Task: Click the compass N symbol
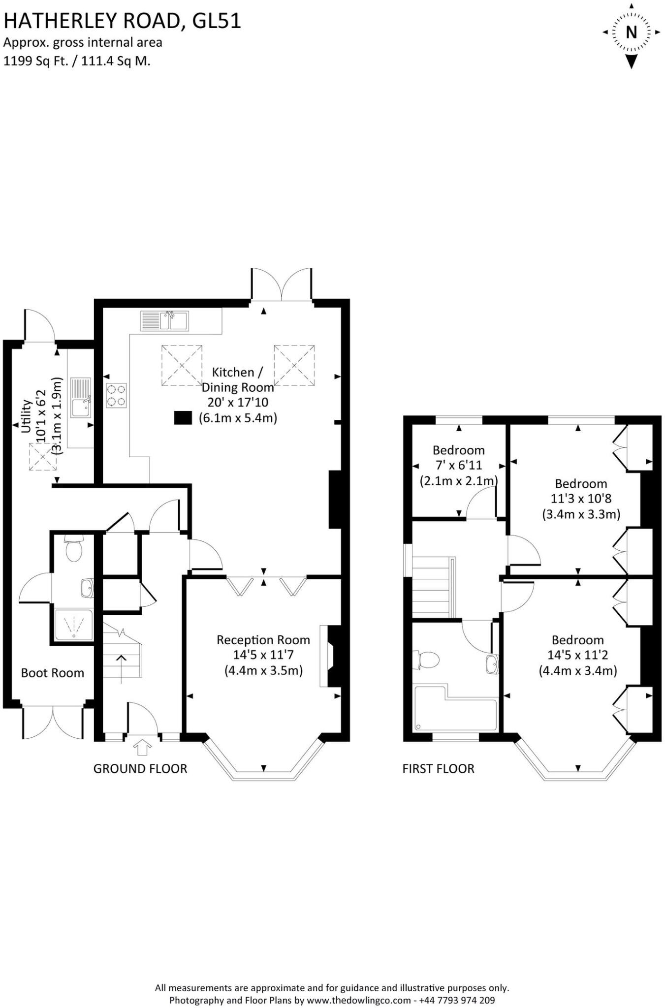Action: pyautogui.click(x=631, y=33)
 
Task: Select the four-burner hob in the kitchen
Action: pyautogui.click(x=116, y=395)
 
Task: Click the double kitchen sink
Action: pyautogui.click(x=164, y=321)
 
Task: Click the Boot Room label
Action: pyautogui.click(x=53, y=673)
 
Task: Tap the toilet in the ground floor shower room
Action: pyautogui.click(x=74, y=549)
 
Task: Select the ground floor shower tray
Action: pyautogui.click(x=73, y=625)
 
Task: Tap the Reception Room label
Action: pyautogui.click(x=263, y=640)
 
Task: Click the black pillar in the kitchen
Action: pyautogui.click(x=183, y=418)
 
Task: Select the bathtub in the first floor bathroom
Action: pyautogui.click(x=455, y=711)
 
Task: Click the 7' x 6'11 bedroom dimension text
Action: pyautogui.click(x=458, y=465)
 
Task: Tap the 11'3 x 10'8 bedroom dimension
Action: pyautogui.click(x=581, y=499)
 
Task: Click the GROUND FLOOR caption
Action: pyautogui.click(x=140, y=769)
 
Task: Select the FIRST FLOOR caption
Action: pyautogui.click(x=438, y=769)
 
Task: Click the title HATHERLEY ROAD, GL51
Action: pyautogui.click(x=122, y=21)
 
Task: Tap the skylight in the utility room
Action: pyautogui.click(x=42, y=457)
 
